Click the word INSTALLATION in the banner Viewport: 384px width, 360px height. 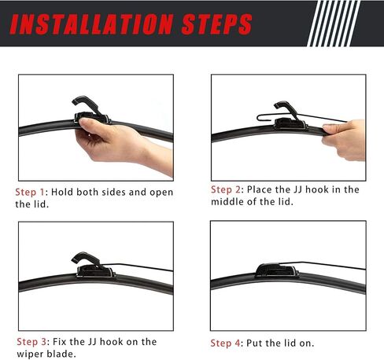coord(91,24)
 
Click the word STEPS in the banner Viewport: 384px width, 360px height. coord(216,24)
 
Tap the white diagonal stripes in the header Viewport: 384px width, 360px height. coord(334,24)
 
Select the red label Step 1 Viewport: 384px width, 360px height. coord(30,193)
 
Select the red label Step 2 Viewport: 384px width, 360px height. coord(225,189)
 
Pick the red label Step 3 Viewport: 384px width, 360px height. coord(31,342)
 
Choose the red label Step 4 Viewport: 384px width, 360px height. coord(225,343)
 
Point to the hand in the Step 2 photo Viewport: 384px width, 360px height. coord(344,139)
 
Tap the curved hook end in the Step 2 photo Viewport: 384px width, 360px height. coord(260,118)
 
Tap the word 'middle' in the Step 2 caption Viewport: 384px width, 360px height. coord(226,202)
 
